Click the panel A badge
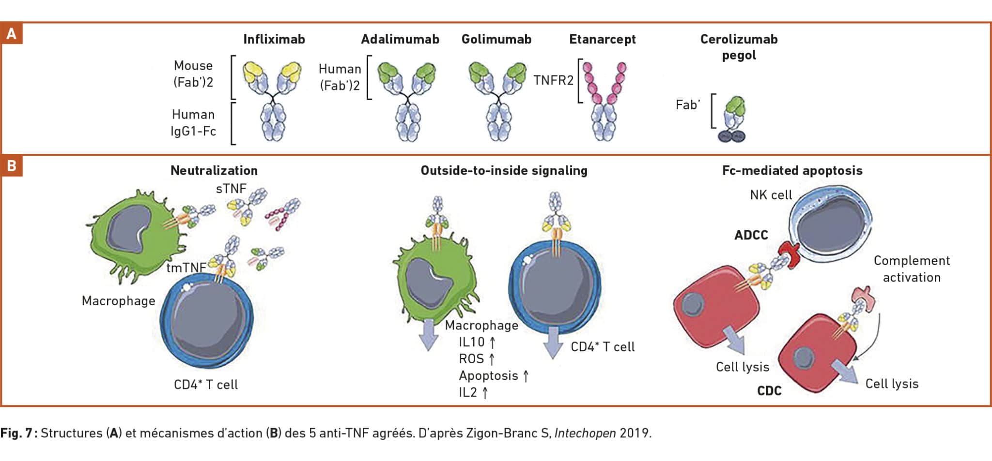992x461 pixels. tap(11, 34)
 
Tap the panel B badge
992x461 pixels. tap(11, 166)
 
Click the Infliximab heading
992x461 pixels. tap(274, 39)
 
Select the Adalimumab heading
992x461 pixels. tap(400, 39)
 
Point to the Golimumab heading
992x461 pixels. tap(496, 39)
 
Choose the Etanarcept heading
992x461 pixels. tap(603, 40)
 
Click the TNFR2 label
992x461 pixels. tap(553, 80)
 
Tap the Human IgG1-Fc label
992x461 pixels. tap(193, 123)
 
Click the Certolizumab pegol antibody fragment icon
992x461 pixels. tap(732, 119)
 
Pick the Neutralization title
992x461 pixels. tap(214, 170)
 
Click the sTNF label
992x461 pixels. tap(231, 189)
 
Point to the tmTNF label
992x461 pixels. tap(186, 268)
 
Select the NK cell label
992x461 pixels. tap(771, 195)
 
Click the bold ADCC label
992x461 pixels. tap(751, 235)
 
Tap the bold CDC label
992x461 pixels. tap(769, 391)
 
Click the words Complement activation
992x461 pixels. tap(912, 269)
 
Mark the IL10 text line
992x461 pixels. tap(478, 342)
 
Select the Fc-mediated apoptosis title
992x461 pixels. tap(792, 170)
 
